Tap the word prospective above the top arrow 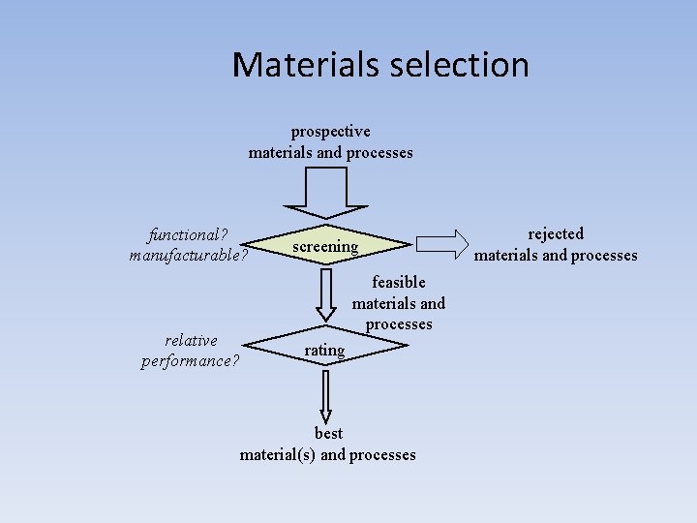tap(330, 131)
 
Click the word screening tap(325, 246)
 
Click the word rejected tap(556, 233)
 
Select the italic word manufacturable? tap(189, 256)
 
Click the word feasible tap(399, 282)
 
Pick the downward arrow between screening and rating tap(326, 294)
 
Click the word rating tap(324, 350)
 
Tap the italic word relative tap(191, 340)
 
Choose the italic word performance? tap(191, 361)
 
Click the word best tap(328, 433)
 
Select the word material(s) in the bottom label tap(278, 454)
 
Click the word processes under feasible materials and tap(399, 324)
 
